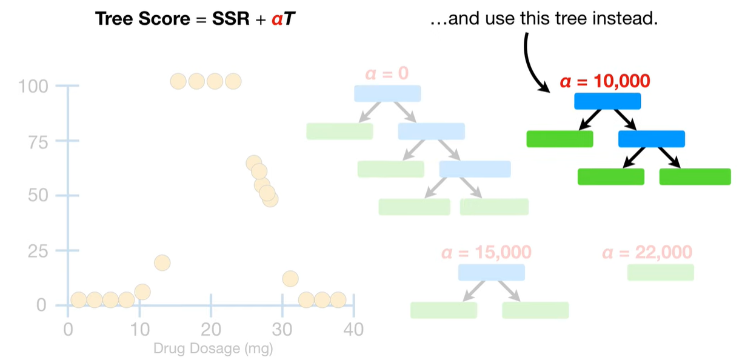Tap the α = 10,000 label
604,81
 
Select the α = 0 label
386,73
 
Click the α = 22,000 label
647,252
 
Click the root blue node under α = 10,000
607,101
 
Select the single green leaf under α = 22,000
660,272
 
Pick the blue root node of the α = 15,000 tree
491,272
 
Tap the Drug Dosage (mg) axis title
213,349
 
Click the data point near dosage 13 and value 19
162,262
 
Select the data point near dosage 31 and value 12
290,279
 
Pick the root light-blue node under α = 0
387,93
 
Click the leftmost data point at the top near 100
178,81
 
